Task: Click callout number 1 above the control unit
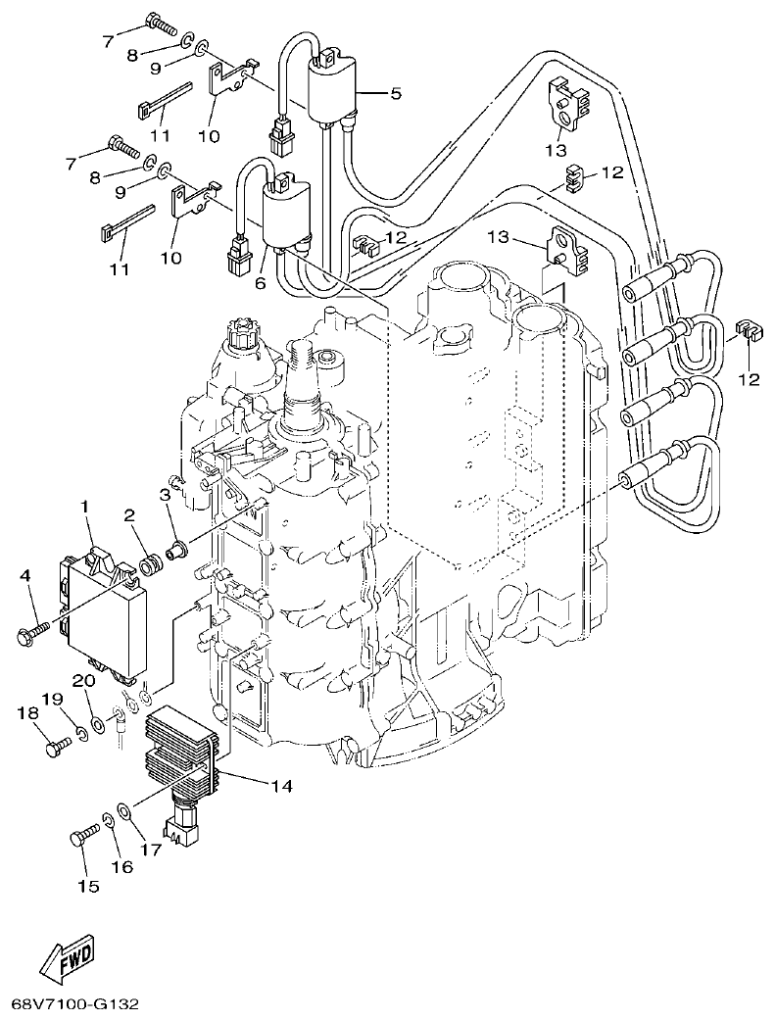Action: [x=85, y=507]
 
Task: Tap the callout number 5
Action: [x=396, y=94]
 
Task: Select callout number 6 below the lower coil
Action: [x=261, y=282]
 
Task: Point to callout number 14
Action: [x=282, y=785]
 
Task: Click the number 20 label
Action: [x=84, y=680]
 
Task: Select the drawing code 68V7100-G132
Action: [x=74, y=1005]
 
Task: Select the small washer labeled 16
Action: [x=107, y=818]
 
